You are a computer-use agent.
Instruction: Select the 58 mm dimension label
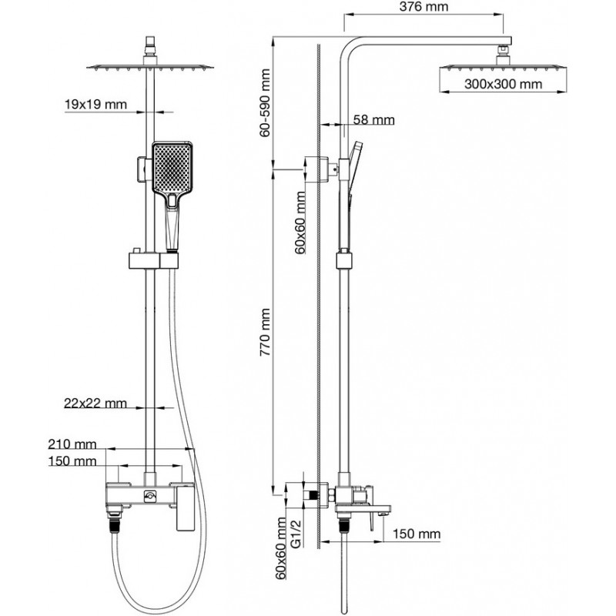(x=373, y=120)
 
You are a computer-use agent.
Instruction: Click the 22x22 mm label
(x=95, y=403)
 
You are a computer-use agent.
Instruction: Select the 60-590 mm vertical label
(x=266, y=102)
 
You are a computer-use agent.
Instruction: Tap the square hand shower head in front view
(x=172, y=167)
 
